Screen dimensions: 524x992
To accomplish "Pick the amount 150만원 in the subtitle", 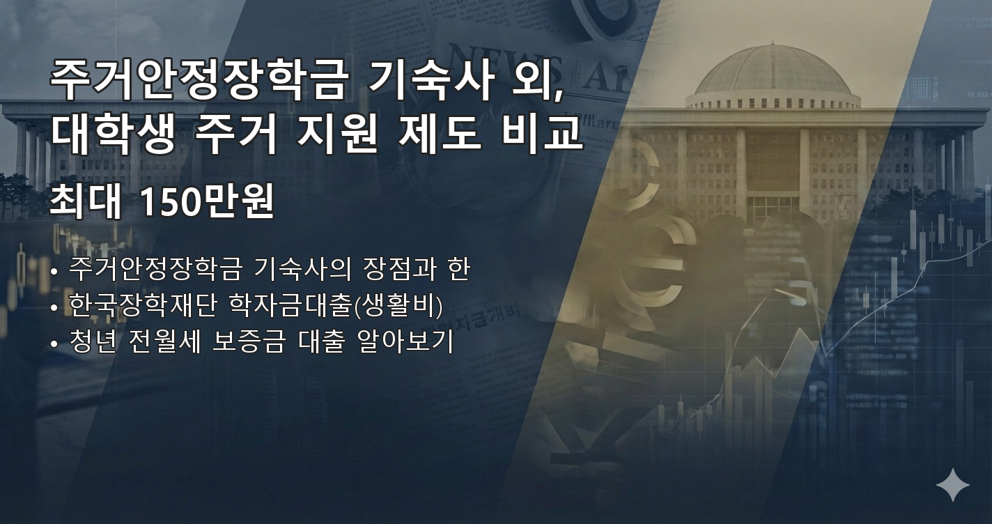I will point(207,202).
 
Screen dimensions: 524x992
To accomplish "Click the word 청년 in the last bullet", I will point(94,341).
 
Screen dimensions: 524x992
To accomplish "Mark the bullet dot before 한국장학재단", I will point(54,307).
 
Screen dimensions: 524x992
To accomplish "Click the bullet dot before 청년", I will point(54,344).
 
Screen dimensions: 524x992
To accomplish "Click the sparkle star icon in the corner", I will point(952,485).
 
